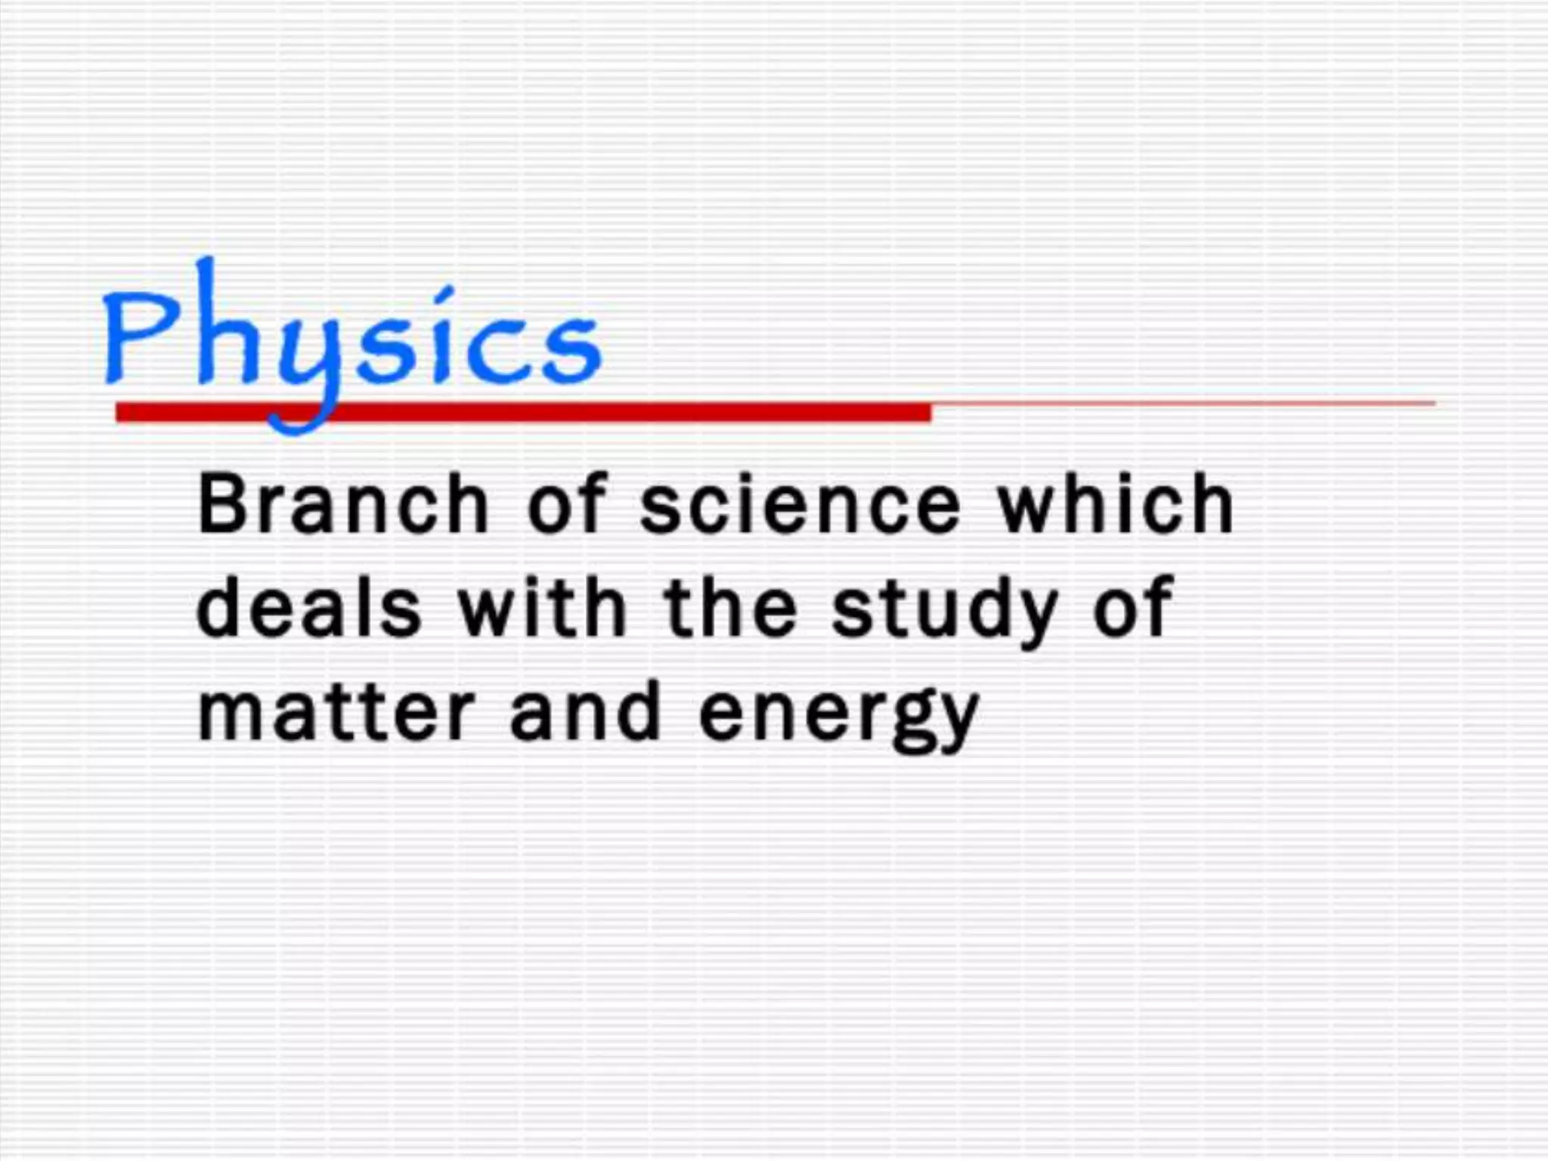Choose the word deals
[x=308, y=608]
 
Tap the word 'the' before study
[x=730, y=608]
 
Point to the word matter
[x=335, y=713]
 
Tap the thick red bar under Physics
[x=605, y=413]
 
